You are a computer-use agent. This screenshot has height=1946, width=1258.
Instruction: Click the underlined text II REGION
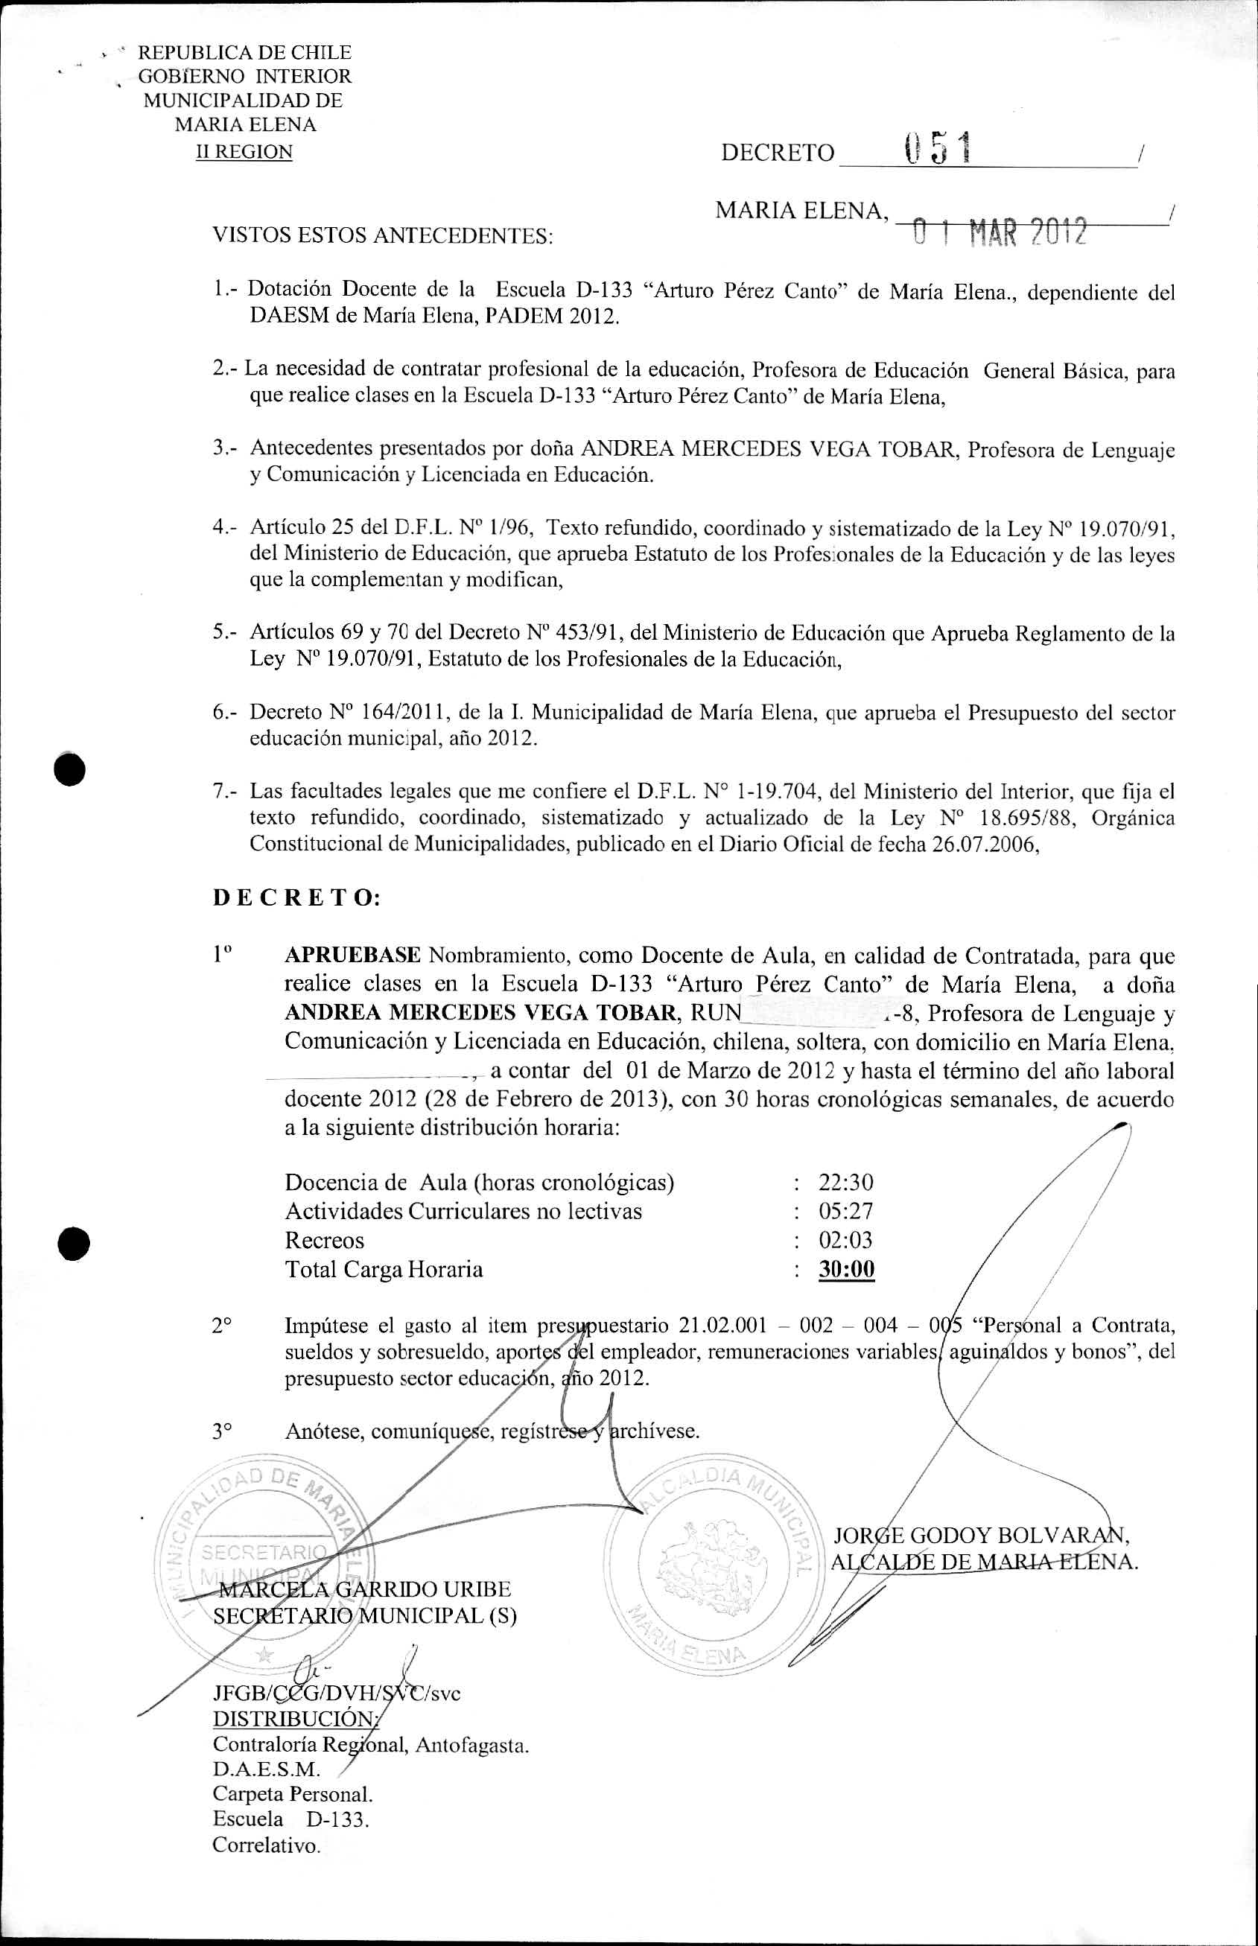tap(244, 152)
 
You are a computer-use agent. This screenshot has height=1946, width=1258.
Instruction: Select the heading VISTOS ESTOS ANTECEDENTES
tap(382, 237)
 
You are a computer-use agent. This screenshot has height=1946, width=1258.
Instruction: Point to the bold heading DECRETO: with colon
tap(296, 898)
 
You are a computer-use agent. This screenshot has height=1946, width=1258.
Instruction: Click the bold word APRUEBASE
tap(352, 955)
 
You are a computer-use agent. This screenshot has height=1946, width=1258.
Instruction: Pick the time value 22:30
tap(845, 1182)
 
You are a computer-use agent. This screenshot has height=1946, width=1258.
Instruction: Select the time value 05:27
tap(845, 1211)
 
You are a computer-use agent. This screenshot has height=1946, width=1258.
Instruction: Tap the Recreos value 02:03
tap(845, 1241)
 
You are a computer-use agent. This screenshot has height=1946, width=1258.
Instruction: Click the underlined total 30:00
tap(846, 1269)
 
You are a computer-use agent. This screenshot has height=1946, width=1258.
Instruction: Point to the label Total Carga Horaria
tap(383, 1269)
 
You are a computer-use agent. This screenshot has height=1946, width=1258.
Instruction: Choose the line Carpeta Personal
tap(292, 1794)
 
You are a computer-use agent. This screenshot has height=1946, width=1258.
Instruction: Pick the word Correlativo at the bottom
tap(267, 1845)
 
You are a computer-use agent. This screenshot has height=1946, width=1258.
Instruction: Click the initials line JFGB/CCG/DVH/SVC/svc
tap(336, 1693)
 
